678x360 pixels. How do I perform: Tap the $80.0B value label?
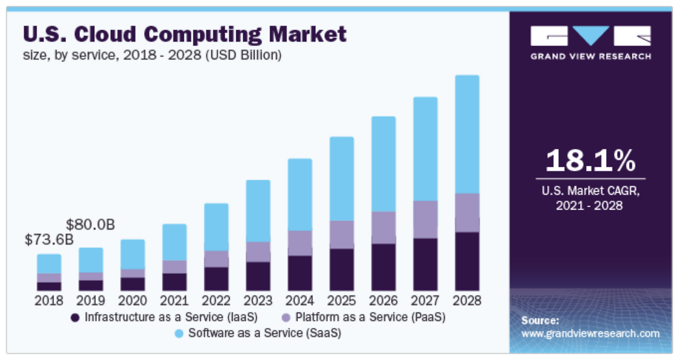(x=91, y=224)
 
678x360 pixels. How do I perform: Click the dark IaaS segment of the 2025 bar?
(x=342, y=269)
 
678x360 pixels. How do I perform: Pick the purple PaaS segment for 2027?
(x=425, y=219)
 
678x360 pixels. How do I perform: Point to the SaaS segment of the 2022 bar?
(x=216, y=227)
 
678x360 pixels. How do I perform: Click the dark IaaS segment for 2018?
(x=49, y=286)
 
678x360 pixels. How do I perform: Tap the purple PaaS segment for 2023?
(x=258, y=251)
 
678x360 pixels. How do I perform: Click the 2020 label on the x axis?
(x=132, y=301)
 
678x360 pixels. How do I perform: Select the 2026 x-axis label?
(x=383, y=301)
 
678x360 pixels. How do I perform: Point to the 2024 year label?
(x=300, y=301)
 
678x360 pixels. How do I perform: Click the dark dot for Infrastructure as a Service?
(x=75, y=318)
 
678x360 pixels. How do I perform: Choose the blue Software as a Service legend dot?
(x=179, y=334)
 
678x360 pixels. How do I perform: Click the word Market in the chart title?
(x=308, y=34)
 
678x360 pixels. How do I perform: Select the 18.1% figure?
(x=590, y=160)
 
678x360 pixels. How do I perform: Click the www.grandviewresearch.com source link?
(x=590, y=334)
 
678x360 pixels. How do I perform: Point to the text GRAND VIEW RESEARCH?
(x=591, y=56)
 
